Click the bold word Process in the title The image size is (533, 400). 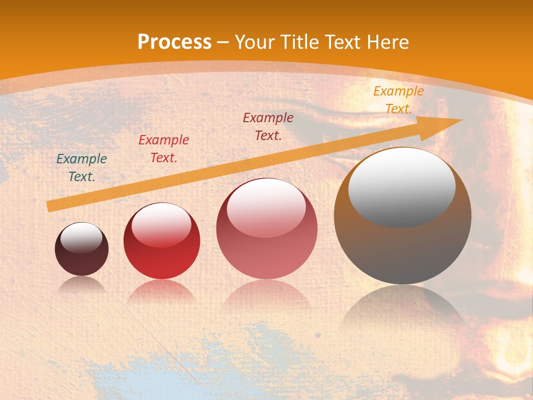pyautogui.click(x=174, y=42)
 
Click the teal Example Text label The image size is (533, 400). pyautogui.click(x=82, y=168)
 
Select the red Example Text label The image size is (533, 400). pyautogui.click(x=164, y=149)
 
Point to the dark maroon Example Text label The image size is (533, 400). pyautogui.click(x=268, y=126)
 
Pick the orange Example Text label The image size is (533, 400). pyautogui.click(x=399, y=100)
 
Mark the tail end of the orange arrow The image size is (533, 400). pyautogui.click(x=49, y=207)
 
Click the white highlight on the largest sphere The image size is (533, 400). pyautogui.click(x=401, y=187)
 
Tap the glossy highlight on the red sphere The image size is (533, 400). pyautogui.click(x=162, y=224)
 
